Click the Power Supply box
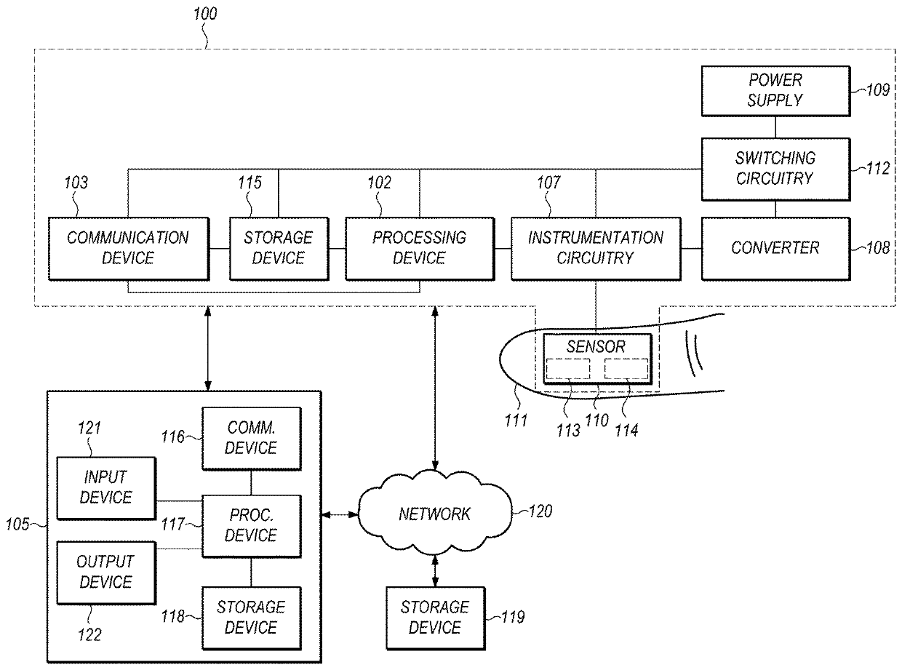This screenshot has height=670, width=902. coord(774,90)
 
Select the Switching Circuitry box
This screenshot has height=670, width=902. coord(774,168)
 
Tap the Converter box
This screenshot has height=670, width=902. coord(774,248)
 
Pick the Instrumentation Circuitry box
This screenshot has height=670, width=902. coord(596,248)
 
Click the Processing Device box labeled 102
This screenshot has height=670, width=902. coord(419,248)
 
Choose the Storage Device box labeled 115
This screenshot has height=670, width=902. coord(278,248)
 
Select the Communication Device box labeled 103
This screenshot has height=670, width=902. coord(128,248)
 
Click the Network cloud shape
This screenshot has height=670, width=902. coord(434,514)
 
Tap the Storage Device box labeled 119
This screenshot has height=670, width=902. coord(434,617)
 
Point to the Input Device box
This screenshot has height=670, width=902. coord(106,488)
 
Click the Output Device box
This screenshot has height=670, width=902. coord(106,572)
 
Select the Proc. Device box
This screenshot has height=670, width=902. coord(251,526)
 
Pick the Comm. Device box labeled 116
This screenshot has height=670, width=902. coord(251,439)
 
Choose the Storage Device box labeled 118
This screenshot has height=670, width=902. coord(251,617)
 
